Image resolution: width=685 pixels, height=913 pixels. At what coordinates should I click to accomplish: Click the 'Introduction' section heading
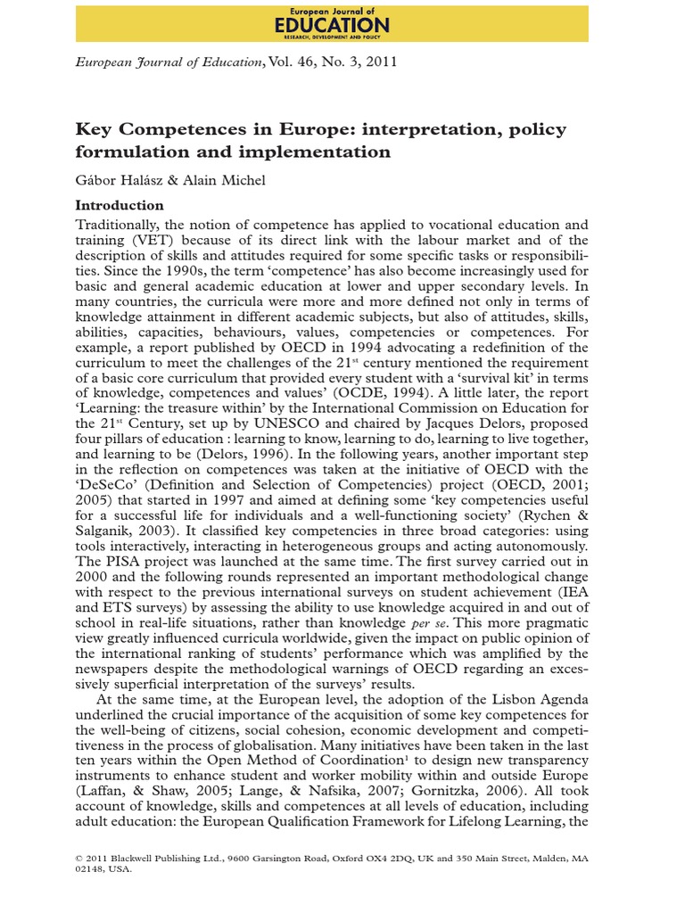[120, 205]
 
